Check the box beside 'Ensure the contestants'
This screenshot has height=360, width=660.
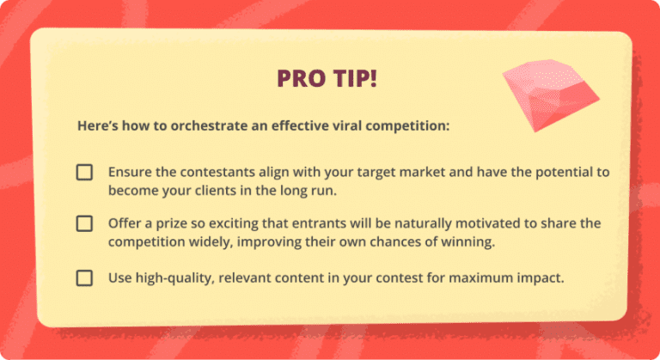click(x=84, y=172)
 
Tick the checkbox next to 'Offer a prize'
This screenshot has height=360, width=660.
click(x=84, y=223)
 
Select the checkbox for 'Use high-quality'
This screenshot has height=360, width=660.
click(x=84, y=278)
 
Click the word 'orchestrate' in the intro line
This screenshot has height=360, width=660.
click(x=192, y=125)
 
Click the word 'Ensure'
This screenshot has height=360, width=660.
click(x=130, y=172)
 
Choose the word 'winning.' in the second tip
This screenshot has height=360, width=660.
click(x=468, y=241)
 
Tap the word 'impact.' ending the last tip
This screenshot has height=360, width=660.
click(x=541, y=278)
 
